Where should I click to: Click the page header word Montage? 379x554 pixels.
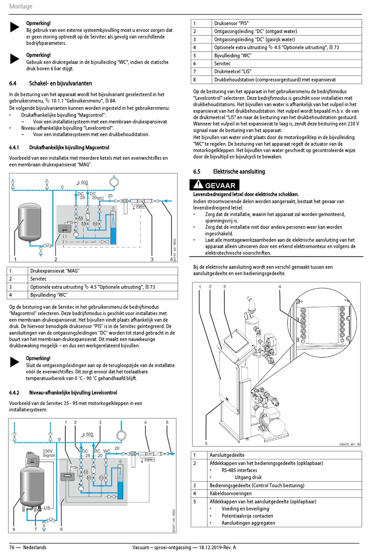pyautogui.click(x=21, y=6)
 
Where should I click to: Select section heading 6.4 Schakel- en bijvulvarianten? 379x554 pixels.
pyautogui.click(x=51, y=83)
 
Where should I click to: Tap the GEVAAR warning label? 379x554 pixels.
pyautogui.click(x=215, y=185)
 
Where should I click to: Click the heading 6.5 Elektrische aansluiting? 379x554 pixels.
pyautogui.click(x=229, y=171)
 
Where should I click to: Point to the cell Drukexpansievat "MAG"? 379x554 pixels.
pyautogui.click(x=55, y=271)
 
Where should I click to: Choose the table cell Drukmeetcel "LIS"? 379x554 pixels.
pyautogui.click(x=233, y=71)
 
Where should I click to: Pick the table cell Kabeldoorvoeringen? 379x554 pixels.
pyautogui.click(x=231, y=493)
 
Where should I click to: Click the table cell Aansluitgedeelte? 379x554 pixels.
pyautogui.click(x=227, y=455)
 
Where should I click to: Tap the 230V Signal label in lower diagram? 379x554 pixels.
pyautogui.click(x=48, y=453)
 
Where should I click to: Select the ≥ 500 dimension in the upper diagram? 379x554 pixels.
pyautogui.click(x=83, y=183)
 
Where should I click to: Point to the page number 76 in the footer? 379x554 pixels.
pyautogui.click(x=12, y=547)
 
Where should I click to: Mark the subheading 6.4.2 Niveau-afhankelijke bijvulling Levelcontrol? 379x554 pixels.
pyautogui.click(x=63, y=393)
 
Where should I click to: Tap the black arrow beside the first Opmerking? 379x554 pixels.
pyautogui.click(x=15, y=27)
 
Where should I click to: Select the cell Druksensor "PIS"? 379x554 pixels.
pyautogui.click(x=231, y=23)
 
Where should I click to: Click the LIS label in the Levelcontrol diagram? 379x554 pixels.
pyautogui.click(x=47, y=508)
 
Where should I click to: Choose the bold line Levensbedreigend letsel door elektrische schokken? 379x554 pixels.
pyautogui.click(x=246, y=194)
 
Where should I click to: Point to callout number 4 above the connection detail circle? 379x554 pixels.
pyautogui.click(x=280, y=286)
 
